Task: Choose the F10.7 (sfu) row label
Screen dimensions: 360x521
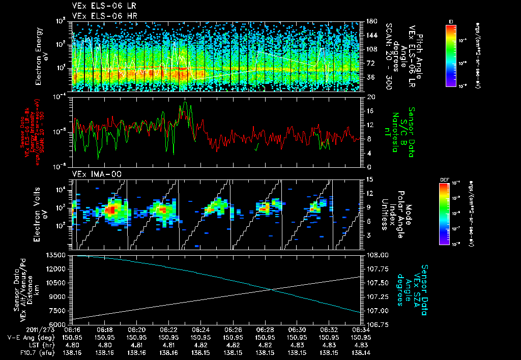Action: click(27, 351)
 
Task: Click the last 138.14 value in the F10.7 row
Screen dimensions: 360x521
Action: click(361, 351)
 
